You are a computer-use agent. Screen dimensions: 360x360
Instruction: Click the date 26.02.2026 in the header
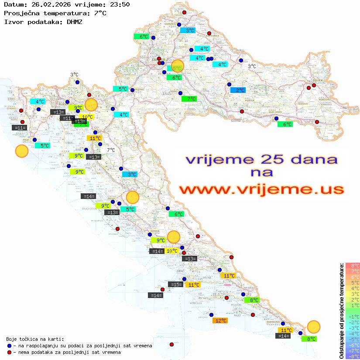pyautogui.click(x=44, y=5)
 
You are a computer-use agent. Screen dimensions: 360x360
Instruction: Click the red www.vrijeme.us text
pyautogui.click(x=261, y=189)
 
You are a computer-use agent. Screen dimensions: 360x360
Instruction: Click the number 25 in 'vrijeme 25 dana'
pyautogui.click(x=263, y=159)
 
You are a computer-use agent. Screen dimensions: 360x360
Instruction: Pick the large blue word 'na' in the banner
pyautogui.click(x=262, y=173)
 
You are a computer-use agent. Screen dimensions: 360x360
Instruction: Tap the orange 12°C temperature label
pyautogui.click(x=220, y=321)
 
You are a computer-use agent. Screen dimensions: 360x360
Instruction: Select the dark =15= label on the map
pyautogui.click(x=176, y=285)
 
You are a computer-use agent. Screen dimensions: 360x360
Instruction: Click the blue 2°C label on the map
pyautogui.click(x=238, y=90)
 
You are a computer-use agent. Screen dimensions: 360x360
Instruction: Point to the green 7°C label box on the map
pyautogui.click(x=189, y=99)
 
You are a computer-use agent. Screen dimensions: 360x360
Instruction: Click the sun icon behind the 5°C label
pyautogui.click(x=178, y=65)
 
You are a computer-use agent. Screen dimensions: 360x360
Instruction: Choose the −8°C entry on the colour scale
pyautogui.click(x=353, y=357)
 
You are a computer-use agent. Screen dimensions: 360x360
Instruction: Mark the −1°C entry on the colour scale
pyautogui.click(x=353, y=316)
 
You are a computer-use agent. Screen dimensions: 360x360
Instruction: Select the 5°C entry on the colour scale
pyautogui.click(x=353, y=282)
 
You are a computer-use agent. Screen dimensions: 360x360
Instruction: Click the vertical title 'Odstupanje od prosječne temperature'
pyautogui.click(x=341, y=311)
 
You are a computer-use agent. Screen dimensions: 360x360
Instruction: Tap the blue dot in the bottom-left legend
pyautogui.click(x=9, y=346)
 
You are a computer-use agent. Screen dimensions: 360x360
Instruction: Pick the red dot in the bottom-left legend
pyautogui.click(x=9, y=352)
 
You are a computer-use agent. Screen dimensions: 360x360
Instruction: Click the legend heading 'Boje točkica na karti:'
pyautogui.click(x=35, y=339)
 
